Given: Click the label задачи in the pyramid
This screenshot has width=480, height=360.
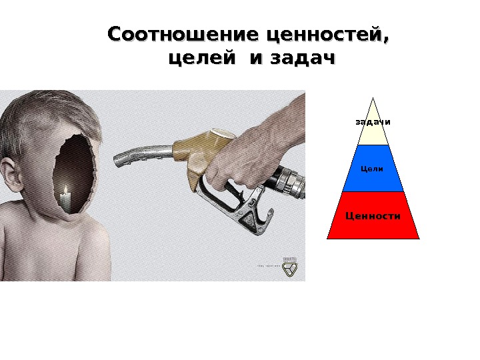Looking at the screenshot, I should pos(373,122).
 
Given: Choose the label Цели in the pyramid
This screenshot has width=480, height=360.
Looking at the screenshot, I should pos(372,169).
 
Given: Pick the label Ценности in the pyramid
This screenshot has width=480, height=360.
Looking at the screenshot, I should pos(373,215).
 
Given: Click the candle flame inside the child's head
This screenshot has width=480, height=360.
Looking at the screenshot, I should pos(65,191).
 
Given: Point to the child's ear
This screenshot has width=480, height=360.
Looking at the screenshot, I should pos(9,171).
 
